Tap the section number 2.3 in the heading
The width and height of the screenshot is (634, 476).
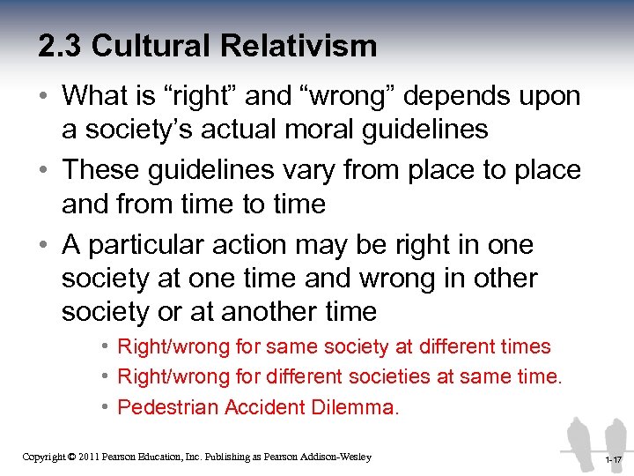tap(60, 46)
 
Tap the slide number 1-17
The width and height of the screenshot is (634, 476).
tap(613, 460)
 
